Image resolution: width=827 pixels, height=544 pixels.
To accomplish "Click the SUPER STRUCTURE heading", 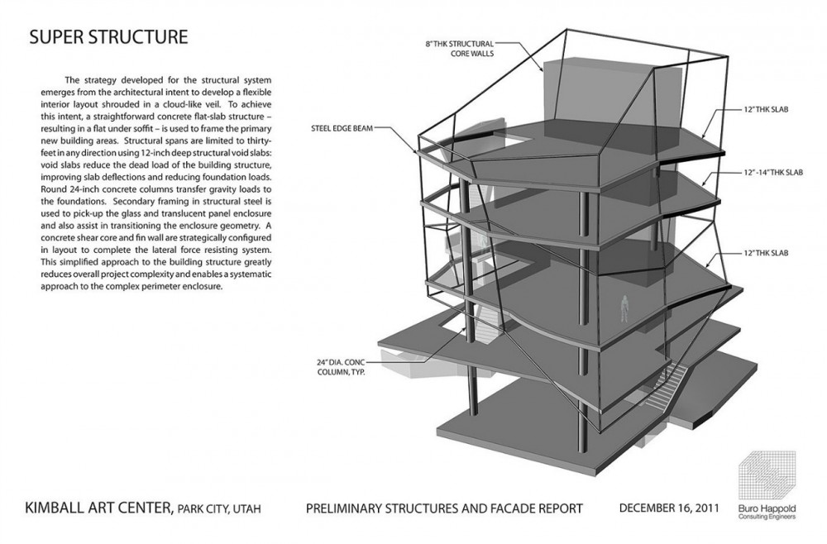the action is (x=108, y=37).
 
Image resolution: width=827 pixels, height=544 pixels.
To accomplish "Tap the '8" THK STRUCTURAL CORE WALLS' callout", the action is (x=459, y=49).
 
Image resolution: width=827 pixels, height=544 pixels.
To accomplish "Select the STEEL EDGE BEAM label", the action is (x=342, y=128).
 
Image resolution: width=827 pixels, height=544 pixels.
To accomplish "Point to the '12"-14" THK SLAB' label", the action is (x=773, y=172).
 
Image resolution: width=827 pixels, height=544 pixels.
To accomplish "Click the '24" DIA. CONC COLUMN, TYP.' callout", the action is (x=341, y=367).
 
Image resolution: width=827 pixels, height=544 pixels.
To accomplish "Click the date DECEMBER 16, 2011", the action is (x=669, y=508).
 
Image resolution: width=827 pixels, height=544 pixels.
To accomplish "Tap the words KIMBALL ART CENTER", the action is (x=98, y=508).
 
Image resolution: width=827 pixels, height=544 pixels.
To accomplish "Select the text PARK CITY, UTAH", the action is (x=219, y=509).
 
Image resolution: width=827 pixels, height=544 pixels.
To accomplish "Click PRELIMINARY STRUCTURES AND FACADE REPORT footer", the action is (x=444, y=508).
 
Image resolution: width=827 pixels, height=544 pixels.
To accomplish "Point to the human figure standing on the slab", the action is (x=624, y=308).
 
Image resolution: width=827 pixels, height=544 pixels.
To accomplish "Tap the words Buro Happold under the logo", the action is (x=767, y=508).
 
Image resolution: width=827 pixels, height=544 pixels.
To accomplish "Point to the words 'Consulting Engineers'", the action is (x=767, y=517).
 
